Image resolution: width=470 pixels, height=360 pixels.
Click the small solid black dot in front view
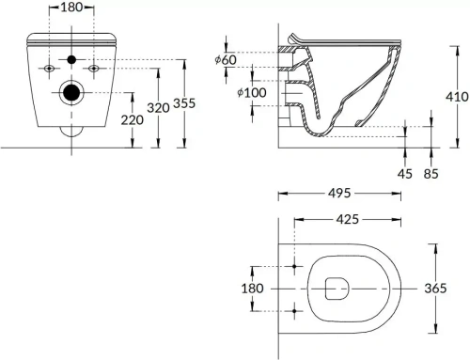tap(70, 61)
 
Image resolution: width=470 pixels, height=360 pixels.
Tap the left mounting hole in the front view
tap(48, 70)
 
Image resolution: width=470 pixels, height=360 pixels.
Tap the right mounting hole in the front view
tap(94, 70)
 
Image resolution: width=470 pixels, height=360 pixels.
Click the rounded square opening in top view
tap(336, 289)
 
